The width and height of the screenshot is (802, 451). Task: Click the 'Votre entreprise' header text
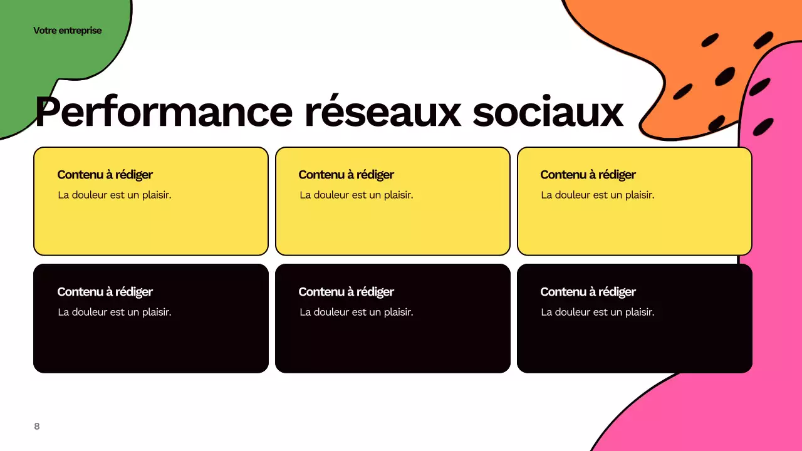(x=67, y=31)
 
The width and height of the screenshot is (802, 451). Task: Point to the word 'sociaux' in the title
(x=548, y=112)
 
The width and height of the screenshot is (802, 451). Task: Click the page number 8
(x=36, y=427)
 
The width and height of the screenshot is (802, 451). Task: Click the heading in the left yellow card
(x=105, y=175)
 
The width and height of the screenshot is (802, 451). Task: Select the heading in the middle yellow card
(x=346, y=175)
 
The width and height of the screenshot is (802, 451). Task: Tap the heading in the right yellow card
(x=588, y=175)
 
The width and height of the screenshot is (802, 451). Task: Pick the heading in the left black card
(x=105, y=292)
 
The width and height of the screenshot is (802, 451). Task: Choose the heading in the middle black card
(x=346, y=292)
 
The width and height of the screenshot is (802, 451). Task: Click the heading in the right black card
(x=588, y=292)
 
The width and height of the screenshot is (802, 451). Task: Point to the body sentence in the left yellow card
(x=114, y=195)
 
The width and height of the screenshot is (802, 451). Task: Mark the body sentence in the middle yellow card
(x=356, y=195)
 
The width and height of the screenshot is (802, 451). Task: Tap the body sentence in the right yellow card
(x=597, y=195)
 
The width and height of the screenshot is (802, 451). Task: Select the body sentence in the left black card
(x=114, y=312)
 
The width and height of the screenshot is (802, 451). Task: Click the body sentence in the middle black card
(x=356, y=312)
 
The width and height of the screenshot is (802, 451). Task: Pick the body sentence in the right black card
(x=597, y=312)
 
